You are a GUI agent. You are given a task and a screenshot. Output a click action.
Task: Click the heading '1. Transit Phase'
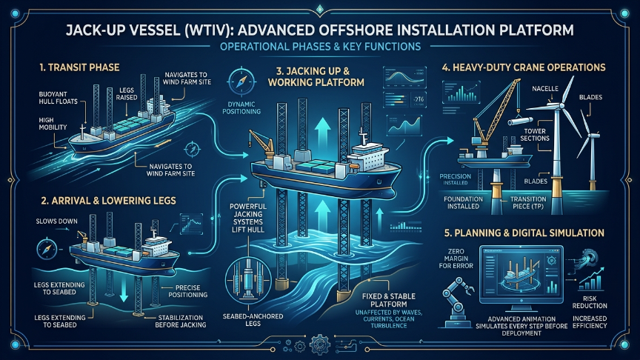tap(79, 67)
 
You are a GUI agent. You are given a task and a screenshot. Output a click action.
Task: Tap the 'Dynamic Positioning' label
tap(241, 107)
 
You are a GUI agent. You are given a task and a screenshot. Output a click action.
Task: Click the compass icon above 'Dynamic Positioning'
tap(241, 81)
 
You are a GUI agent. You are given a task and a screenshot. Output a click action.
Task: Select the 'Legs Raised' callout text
tap(127, 93)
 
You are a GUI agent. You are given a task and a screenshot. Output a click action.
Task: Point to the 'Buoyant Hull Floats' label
tap(58, 98)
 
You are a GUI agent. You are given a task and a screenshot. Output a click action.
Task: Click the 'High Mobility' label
tap(53, 123)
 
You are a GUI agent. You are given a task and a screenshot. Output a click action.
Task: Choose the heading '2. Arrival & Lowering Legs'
tap(109, 201)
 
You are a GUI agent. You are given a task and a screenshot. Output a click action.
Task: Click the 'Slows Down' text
tap(56, 221)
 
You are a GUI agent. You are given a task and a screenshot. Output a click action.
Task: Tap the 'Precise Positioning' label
tap(187, 291)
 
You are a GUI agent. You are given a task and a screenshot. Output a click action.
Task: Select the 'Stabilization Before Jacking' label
tap(181, 321)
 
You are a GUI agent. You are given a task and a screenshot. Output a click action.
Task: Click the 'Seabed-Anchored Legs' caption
tap(253, 319)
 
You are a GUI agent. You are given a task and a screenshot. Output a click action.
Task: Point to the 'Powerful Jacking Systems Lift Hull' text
tap(247, 218)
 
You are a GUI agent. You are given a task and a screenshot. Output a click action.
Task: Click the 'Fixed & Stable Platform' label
tap(389, 300)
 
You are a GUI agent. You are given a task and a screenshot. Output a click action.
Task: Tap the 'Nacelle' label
tap(545, 89)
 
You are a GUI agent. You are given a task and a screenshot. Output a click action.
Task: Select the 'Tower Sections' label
tap(535, 135)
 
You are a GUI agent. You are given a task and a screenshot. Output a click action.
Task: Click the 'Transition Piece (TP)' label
tap(528, 202)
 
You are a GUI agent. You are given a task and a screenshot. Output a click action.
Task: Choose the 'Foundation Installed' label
tap(463, 202)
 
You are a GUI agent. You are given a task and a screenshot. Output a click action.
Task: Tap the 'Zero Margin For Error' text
tap(456, 259)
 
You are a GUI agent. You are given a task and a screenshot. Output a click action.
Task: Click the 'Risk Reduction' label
tap(590, 302)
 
